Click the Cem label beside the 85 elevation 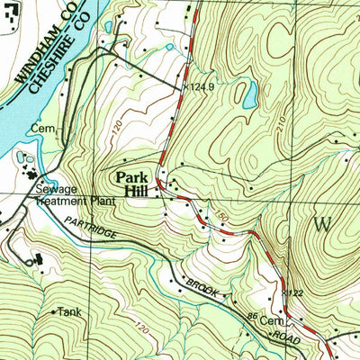(x=272, y=320)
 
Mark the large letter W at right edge (x=327, y=221)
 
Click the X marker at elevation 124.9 (x=186, y=86)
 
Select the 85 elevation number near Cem (x=252, y=317)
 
